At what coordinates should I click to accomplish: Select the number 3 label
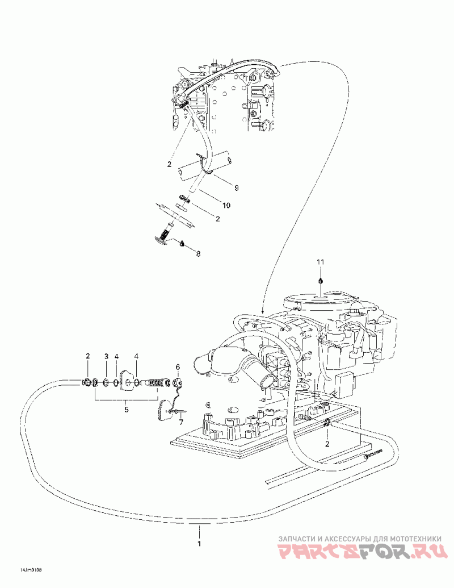pyautogui.click(x=106, y=356)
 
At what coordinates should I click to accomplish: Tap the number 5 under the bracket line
pyautogui.click(x=127, y=409)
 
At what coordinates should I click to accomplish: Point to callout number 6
pyautogui.click(x=177, y=368)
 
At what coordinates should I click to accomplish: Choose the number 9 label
pyautogui.click(x=221, y=187)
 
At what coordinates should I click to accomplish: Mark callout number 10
pyautogui.click(x=211, y=205)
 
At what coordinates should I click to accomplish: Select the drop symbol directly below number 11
pyautogui.click(x=321, y=280)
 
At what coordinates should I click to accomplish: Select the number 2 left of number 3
pyautogui.click(x=88, y=356)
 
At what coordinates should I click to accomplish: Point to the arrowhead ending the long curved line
pyautogui.click(x=263, y=312)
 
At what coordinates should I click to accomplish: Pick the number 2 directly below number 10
pyautogui.click(x=217, y=219)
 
